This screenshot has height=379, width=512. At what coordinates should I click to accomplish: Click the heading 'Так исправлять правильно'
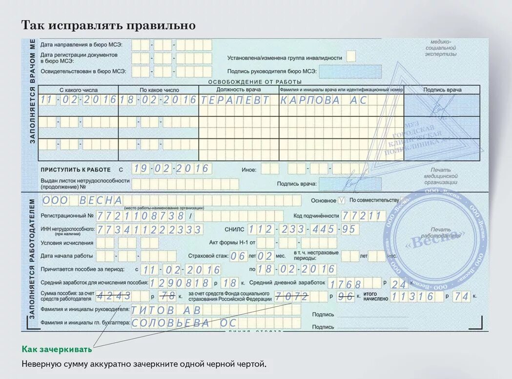(108, 25)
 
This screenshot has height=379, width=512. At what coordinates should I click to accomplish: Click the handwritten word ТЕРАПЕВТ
(235, 100)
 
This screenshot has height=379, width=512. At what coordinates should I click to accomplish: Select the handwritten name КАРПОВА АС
(323, 100)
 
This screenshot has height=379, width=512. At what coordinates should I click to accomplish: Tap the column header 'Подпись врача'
(442, 90)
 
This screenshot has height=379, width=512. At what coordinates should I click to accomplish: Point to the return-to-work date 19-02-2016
(171, 169)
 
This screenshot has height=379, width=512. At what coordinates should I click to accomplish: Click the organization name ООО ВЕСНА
(82, 200)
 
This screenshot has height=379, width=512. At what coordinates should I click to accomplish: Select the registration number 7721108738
(140, 215)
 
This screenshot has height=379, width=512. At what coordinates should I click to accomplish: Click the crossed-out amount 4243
(114, 295)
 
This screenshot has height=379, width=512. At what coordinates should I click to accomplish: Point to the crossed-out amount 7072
(292, 296)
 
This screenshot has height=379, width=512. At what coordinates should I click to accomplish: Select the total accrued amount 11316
(412, 296)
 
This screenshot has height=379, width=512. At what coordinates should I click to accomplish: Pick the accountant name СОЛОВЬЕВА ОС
(184, 322)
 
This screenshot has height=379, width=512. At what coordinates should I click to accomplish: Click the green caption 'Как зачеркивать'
(57, 349)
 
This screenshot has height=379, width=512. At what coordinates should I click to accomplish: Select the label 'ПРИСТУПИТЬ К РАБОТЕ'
(76, 170)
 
